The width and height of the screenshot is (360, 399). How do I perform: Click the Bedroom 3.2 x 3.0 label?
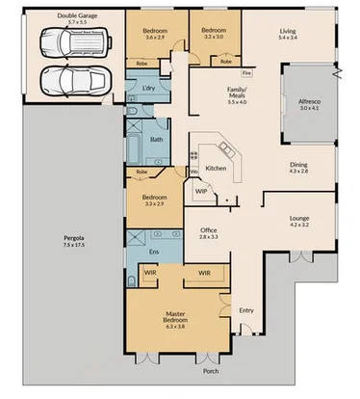pos(212,34)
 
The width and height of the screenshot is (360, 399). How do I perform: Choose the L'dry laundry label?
pos(148,89)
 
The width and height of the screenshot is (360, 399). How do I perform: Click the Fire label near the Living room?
pos(246,71)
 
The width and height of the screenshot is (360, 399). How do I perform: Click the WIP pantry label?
pos(201,191)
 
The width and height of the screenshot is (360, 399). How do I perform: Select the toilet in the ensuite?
pos(130,280)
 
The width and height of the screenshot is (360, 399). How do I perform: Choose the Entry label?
pos(246,309)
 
